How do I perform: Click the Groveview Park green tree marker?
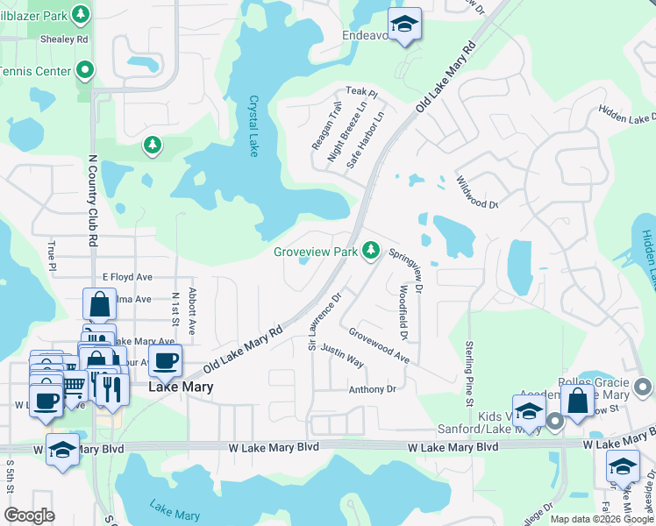(x=372, y=251)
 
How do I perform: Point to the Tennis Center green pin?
(x=85, y=69)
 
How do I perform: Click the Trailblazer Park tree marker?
(x=81, y=14)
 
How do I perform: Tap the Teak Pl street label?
(x=360, y=91)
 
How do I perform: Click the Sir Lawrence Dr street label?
(x=324, y=323)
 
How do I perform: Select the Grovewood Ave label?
(x=379, y=345)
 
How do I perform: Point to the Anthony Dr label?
(x=373, y=389)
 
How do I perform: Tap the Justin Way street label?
(x=342, y=355)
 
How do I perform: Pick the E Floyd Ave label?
(x=127, y=276)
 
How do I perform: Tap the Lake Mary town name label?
(x=182, y=386)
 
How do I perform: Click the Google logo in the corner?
(x=30, y=515)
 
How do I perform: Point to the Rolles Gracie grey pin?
(x=644, y=386)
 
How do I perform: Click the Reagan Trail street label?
(x=323, y=125)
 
